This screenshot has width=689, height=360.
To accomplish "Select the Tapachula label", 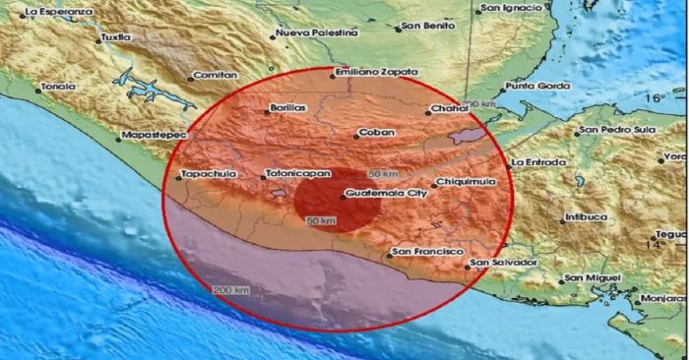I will click(207, 176).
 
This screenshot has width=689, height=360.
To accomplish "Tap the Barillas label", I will click(287, 108).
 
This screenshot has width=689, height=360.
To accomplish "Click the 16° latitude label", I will click(658, 98).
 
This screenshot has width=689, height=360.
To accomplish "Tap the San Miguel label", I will click(603, 277).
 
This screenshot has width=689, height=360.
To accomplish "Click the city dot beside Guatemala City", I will click(343, 197).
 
